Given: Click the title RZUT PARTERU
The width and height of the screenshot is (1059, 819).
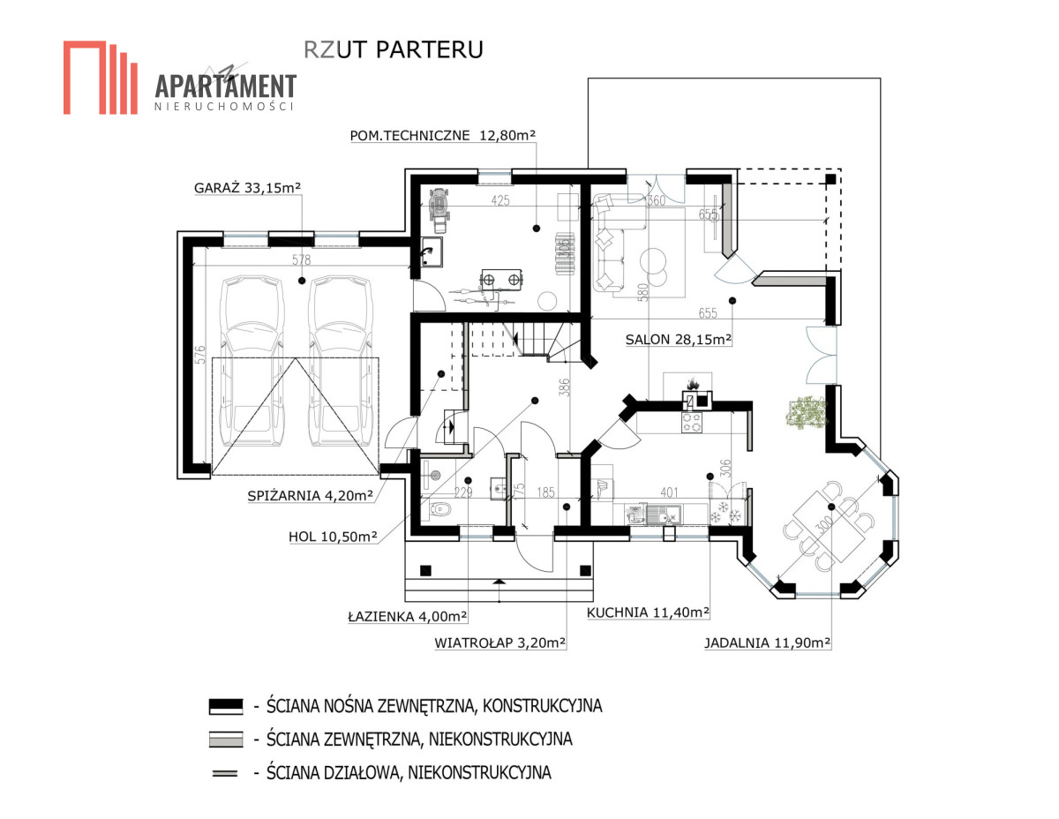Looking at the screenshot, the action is tap(394, 49).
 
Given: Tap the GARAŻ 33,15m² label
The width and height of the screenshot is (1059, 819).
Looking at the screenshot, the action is tap(247, 188).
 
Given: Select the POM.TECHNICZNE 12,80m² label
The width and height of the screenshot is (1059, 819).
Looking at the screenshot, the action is tap(442, 135).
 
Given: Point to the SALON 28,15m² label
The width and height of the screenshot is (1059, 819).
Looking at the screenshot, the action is tap(679, 339).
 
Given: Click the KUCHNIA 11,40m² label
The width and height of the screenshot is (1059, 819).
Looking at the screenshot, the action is tap(648, 612).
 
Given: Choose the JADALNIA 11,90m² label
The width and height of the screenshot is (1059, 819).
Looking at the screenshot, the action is tap(767, 642).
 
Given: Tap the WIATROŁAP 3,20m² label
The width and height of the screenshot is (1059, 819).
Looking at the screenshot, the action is tap(500, 642).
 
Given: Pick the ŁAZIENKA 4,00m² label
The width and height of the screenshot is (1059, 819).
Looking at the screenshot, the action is tap(408, 616).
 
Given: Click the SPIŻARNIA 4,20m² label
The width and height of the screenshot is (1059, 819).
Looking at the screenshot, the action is tap(311, 495).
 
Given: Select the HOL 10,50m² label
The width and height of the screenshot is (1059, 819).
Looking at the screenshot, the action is tap(333, 537).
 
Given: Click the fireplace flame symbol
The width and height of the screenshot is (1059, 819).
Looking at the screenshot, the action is tap(692, 384).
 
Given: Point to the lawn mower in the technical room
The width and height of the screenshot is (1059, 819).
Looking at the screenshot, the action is tap(439, 209).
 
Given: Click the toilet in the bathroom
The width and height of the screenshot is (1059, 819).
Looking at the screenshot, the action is tap(440, 509).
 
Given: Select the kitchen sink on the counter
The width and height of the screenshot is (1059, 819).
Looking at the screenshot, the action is tap(664, 514).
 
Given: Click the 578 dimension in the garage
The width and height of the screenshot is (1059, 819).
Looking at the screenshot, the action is tap(301, 259).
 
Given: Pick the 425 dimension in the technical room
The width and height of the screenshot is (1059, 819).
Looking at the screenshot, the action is tap(500, 200).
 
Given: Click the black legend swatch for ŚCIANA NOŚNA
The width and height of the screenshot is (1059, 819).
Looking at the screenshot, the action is tap(226, 705).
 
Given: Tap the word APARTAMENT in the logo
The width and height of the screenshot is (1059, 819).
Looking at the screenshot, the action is tap(226, 86).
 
